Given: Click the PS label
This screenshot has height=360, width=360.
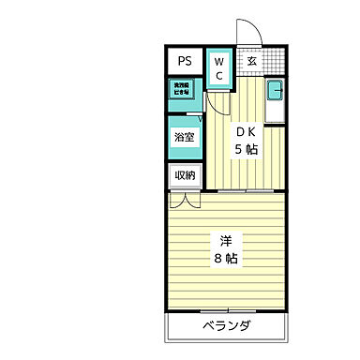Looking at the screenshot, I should (185, 61).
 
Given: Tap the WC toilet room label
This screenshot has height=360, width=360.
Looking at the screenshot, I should (217, 68).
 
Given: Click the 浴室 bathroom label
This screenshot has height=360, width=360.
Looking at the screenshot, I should (185, 137).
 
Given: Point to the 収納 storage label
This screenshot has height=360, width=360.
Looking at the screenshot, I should (185, 175).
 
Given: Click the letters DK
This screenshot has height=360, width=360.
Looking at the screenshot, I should (246, 132).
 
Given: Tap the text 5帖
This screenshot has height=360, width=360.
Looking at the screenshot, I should (247, 150).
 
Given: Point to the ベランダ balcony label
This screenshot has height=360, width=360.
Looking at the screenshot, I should (226, 326).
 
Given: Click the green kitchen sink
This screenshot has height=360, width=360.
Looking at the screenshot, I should (275, 91).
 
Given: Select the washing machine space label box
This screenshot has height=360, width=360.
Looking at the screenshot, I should (178, 90).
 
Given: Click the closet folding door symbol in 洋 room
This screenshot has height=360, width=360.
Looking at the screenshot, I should (184, 200).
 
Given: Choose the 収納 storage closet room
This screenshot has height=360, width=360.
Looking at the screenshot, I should (184, 176).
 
